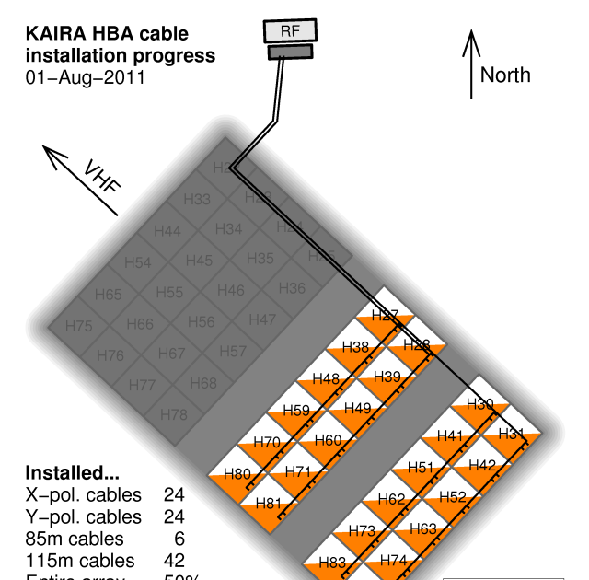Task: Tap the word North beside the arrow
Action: pos(505,75)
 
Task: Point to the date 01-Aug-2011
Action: pos(85,77)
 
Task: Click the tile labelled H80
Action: pos(237,475)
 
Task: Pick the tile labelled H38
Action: pos(355,347)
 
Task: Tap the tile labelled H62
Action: pos(391,499)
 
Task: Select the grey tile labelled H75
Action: pos(80,326)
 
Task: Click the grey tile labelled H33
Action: pos(197,199)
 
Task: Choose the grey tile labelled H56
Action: pos(201,322)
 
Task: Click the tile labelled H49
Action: pos(357,408)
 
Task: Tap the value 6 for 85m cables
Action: pos(179,538)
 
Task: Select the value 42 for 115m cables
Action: pos(174,560)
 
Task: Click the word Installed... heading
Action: pos(72,473)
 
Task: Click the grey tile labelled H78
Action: pos(173,414)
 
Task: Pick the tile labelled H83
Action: pos(331,562)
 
